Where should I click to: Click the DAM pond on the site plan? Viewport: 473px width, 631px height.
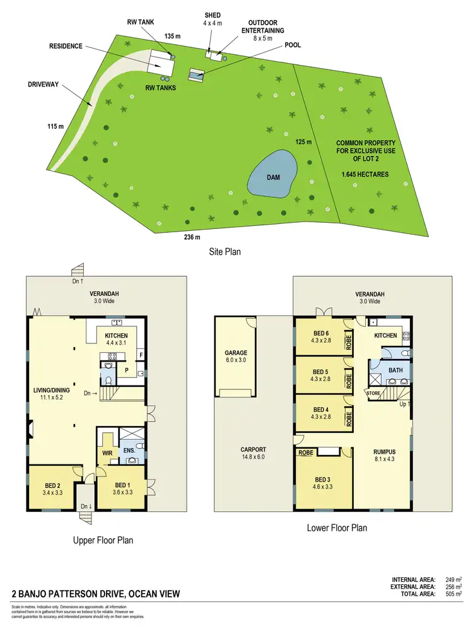pos(272,177)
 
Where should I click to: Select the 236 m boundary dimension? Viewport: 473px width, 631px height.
pos(192,237)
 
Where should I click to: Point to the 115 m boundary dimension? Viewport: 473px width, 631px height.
pos(56,127)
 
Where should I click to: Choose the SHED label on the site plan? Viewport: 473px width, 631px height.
pos(213,15)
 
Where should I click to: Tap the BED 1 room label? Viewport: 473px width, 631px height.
pos(122,485)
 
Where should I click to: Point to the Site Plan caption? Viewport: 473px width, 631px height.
pos(225,251)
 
